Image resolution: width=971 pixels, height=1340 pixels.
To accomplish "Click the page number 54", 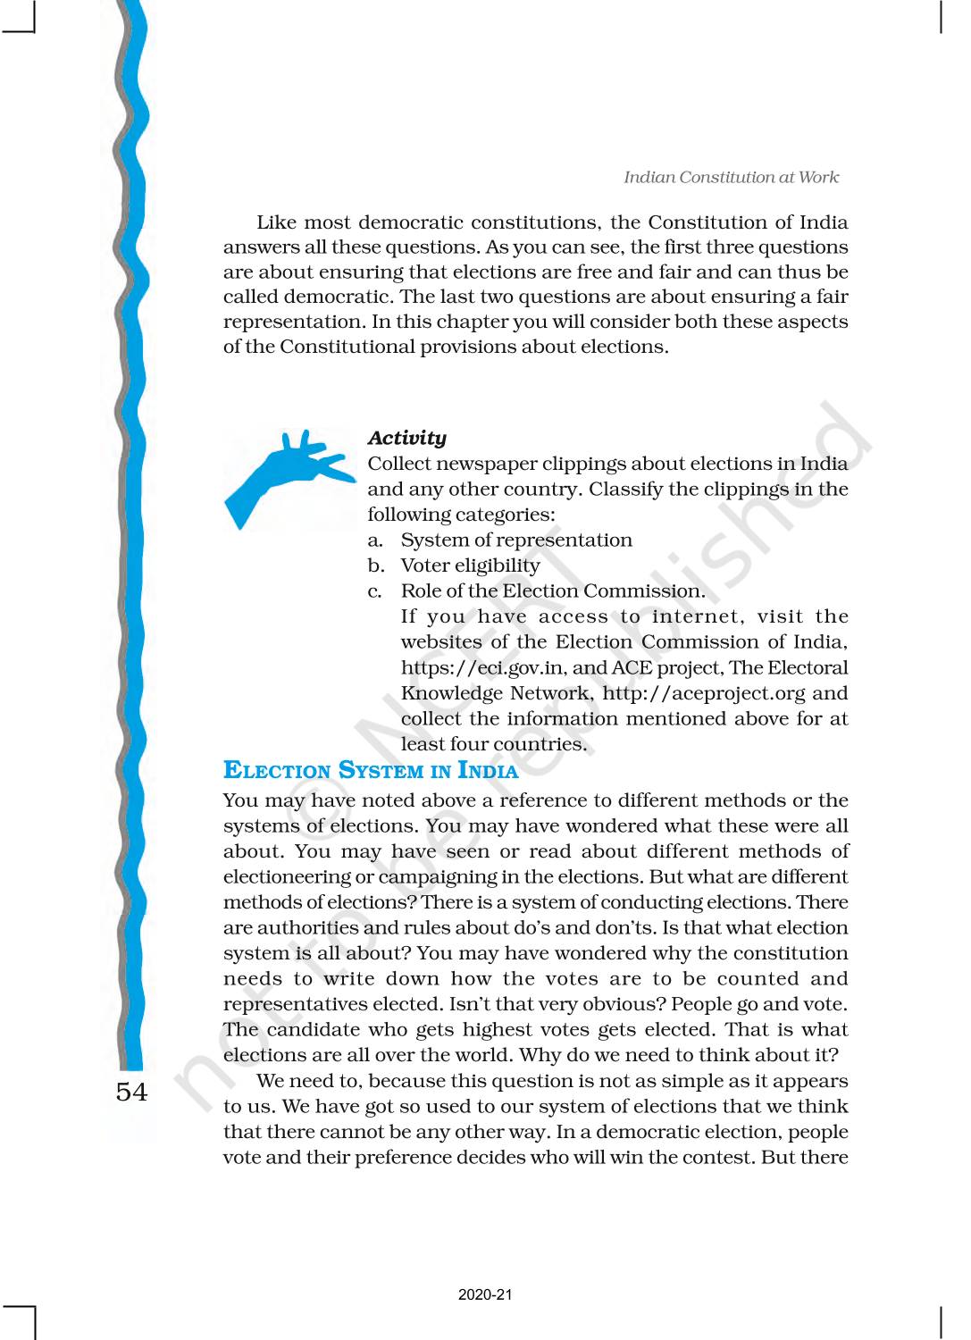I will [131, 1092].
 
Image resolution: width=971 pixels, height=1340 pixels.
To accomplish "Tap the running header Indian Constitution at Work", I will [731, 177].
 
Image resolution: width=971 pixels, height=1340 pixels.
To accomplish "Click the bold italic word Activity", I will [406, 438].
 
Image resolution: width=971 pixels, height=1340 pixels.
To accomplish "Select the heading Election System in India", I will [370, 770].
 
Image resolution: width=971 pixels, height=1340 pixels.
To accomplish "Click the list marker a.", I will [375, 540].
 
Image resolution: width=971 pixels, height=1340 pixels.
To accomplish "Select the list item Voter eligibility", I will [470, 565].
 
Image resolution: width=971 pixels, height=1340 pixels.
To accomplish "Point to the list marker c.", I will [375, 591].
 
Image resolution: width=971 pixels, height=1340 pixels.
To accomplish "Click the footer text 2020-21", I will [485, 1294].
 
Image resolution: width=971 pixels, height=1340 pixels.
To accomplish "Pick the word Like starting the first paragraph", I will [277, 222].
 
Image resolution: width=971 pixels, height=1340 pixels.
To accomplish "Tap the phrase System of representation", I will [516, 540].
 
